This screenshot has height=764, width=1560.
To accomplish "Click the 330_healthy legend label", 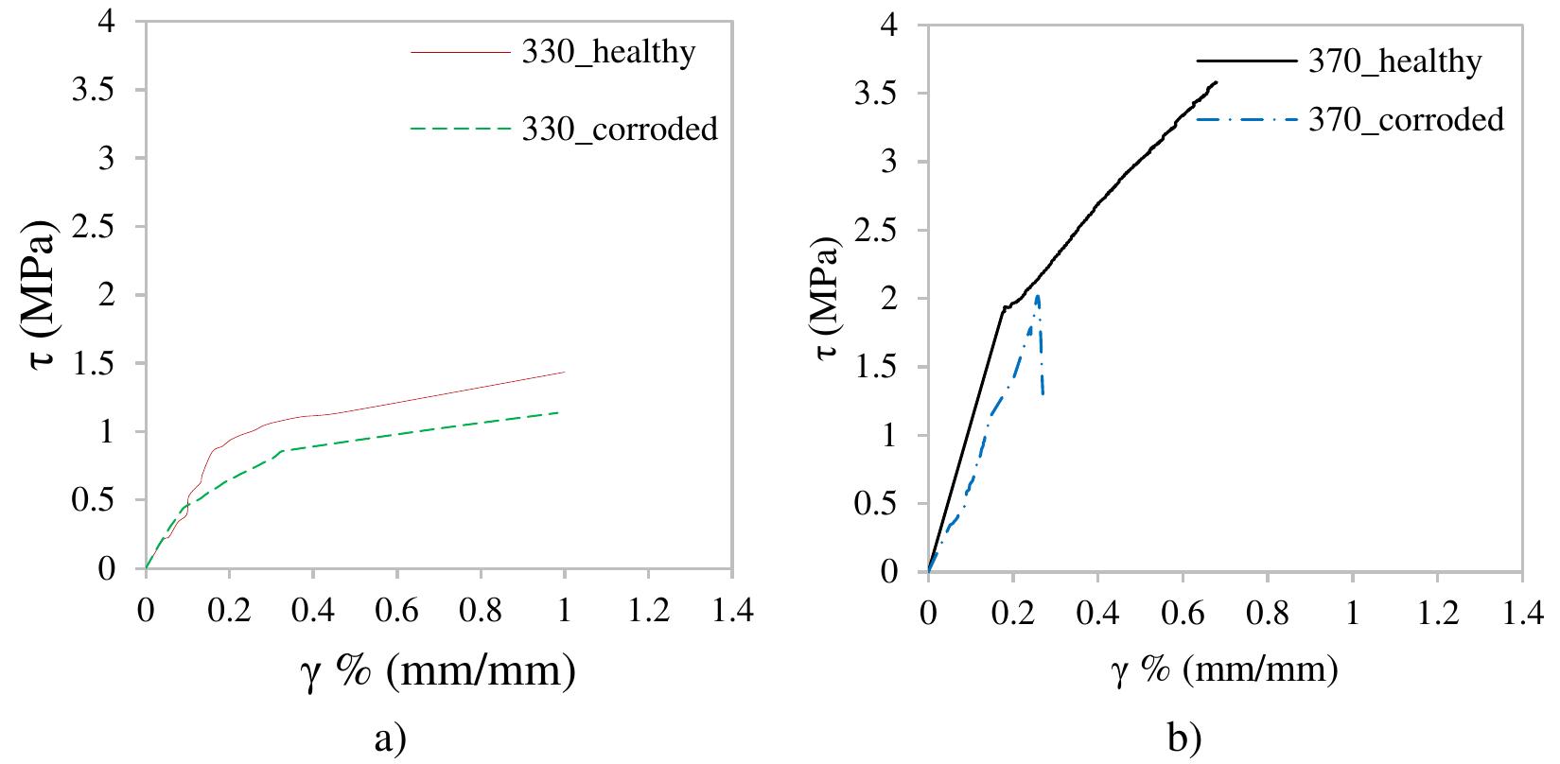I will pyautogui.click(x=608, y=52).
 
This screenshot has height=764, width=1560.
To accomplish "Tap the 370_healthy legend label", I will pyautogui.click(x=1394, y=61).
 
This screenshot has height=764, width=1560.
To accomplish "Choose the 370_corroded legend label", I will pyautogui.click(x=1406, y=120).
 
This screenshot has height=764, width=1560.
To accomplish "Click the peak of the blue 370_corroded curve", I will pyautogui.click(x=1038, y=296).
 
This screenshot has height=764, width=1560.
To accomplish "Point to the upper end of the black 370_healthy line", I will pyautogui.click(x=1217, y=82).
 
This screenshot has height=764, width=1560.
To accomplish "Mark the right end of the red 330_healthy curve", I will pyautogui.click(x=564, y=372).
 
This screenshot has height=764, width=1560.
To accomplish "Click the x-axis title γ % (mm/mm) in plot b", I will pyautogui.click(x=1223, y=671).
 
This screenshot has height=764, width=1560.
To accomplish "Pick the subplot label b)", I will pyautogui.click(x=1183, y=737).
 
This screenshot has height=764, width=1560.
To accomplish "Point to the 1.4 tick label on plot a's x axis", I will pyautogui.click(x=731, y=612).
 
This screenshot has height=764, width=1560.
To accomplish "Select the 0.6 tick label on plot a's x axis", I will pyautogui.click(x=396, y=612).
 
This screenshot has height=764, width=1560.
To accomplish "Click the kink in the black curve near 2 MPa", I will pyautogui.click(x=1003, y=307).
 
